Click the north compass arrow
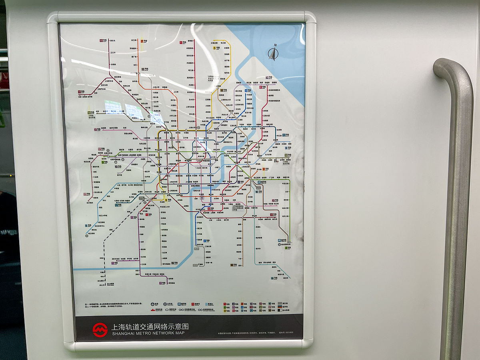[273, 53]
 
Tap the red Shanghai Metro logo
[100, 330]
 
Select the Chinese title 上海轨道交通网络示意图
[150, 326]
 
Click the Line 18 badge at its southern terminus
[232, 265]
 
